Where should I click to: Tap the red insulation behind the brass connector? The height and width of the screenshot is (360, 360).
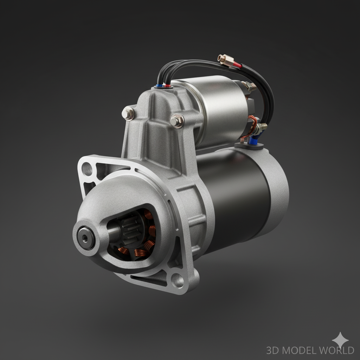pyautogui.click(x=237, y=65)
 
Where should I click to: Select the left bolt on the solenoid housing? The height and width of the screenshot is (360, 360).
pyautogui.click(x=128, y=114)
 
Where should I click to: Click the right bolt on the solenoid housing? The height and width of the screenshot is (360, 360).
pyautogui.click(x=177, y=121)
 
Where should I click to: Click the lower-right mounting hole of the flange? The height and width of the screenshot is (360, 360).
pyautogui.click(x=178, y=280)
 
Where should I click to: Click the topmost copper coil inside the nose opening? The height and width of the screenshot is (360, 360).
pyautogui.click(x=148, y=214)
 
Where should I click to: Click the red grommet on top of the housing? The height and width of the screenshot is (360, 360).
pyautogui.click(x=168, y=85)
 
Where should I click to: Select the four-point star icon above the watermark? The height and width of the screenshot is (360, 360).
pyautogui.click(x=340, y=340)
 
